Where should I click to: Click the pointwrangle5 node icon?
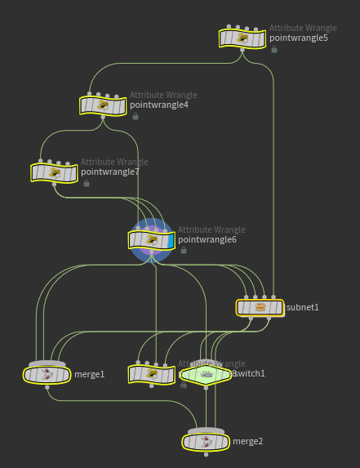click(242, 38)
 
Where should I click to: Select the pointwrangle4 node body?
click(103, 105)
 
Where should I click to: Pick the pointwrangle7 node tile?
click(54, 172)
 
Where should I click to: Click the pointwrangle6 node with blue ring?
click(151, 239)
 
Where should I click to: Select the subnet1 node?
click(260, 308)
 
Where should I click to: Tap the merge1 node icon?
click(47, 374)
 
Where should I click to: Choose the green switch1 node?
click(207, 374)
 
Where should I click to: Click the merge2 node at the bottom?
click(206, 442)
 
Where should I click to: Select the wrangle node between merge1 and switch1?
click(151, 374)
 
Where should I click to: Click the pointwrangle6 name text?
click(207, 240)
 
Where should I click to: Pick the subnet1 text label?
click(303, 308)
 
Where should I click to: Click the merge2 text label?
click(248, 442)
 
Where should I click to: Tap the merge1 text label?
click(90, 374)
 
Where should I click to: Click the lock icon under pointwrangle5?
click(274, 49)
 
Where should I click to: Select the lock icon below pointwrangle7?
click(86, 183)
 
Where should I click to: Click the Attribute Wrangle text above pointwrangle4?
click(163, 95)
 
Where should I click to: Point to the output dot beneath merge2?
click(206, 454)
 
